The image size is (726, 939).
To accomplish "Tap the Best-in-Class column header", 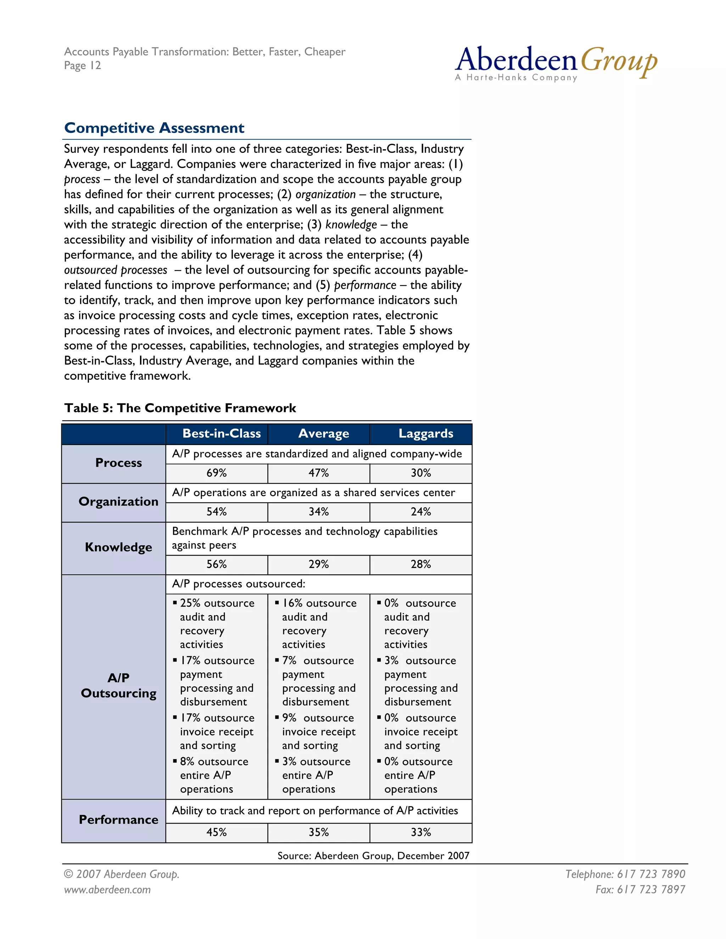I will point(221,433).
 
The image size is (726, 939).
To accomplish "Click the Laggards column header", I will point(425,433).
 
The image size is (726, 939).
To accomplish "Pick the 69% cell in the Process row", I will point(216,473).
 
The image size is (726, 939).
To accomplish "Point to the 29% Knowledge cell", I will point(318,564).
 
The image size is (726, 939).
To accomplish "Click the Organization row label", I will point(118,502).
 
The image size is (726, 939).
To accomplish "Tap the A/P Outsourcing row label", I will point(118,685).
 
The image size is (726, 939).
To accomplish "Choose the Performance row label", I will point(118,820).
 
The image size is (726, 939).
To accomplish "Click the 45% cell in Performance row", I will point(216,832).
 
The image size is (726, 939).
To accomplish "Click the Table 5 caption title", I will point(180,408).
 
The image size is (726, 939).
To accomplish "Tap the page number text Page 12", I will point(83,66).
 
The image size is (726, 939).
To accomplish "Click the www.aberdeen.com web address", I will point(107,889).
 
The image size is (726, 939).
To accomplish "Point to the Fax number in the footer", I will point(640,889).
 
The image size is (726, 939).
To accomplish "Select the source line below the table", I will point(373,856).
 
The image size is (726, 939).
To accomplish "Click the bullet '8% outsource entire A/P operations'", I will point(214,775).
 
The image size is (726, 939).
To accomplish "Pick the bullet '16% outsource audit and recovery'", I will point(319,623).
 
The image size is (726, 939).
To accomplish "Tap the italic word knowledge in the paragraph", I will point(351,224).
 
